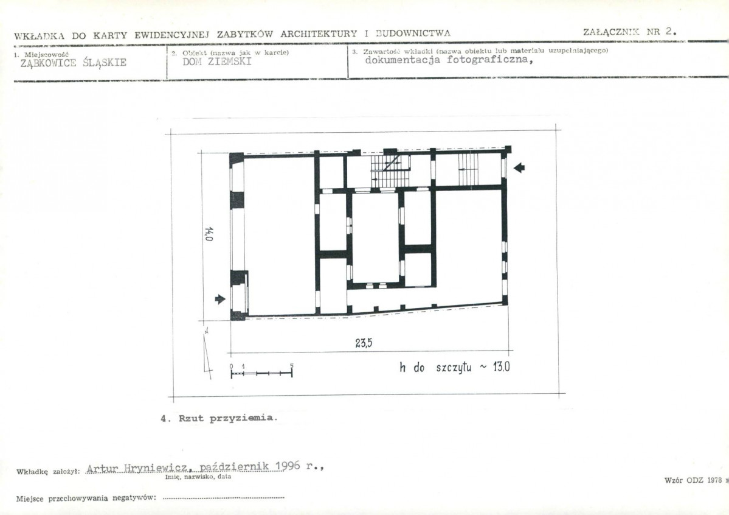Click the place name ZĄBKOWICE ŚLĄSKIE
[x=74, y=63]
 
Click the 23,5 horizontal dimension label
[x=364, y=343]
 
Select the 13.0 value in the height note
[x=498, y=367]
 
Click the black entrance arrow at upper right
[x=519, y=168]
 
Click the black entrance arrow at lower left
[x=220, y=298]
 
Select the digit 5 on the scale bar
[x=292, y=366]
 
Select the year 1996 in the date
[x=288, y=467]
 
